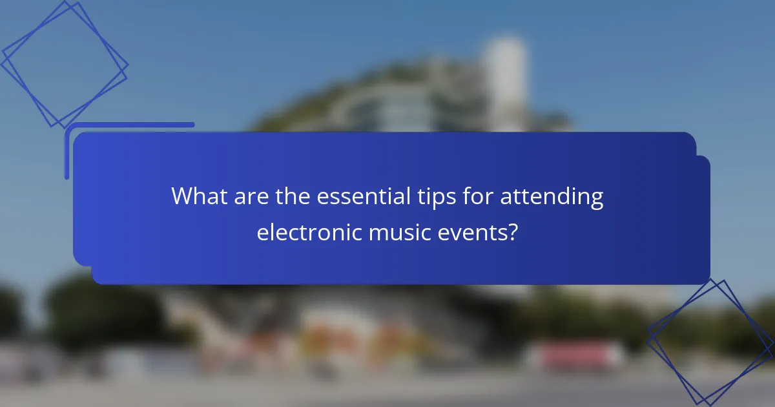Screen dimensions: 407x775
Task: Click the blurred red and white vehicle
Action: click(x=575, y=355)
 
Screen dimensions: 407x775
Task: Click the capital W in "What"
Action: click(x=183, y=196)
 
